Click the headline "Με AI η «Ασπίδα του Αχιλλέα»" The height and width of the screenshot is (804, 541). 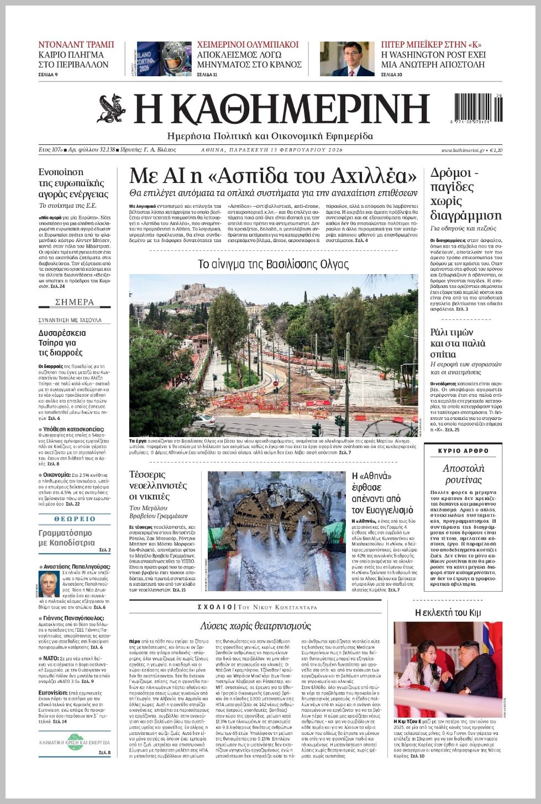coord(273,176)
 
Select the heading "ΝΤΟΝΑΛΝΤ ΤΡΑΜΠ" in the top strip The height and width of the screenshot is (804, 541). coord(76,45)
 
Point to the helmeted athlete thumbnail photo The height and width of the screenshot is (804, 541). coord(164,59)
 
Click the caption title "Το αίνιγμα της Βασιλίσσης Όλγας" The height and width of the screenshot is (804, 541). coord(273,264)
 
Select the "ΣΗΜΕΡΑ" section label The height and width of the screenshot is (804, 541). coord(75,302)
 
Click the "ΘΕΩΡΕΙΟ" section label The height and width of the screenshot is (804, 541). coord(75,519)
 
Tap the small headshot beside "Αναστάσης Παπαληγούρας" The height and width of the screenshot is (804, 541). coord(49,584)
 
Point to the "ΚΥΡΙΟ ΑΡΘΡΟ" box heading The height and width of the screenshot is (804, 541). coord(463,451)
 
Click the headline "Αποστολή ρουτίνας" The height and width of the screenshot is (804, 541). coord(463,474)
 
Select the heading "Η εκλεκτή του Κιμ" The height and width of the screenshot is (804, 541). coord(448,612)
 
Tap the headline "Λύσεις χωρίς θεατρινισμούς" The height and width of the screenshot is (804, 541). coord(255,626)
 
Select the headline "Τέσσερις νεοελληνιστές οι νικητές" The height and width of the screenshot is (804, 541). coord(157,485)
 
